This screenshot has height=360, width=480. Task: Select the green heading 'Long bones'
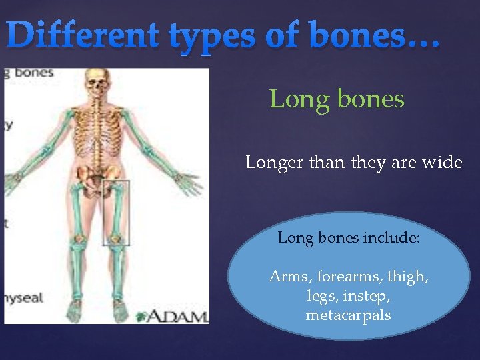pos(337,99)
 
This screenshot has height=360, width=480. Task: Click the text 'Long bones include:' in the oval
pos(349,237)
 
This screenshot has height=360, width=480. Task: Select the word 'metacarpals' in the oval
pos(349,315)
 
